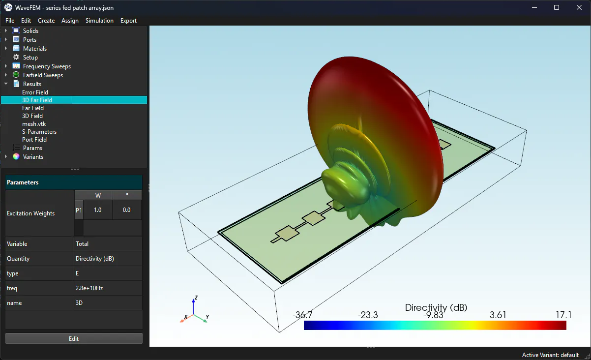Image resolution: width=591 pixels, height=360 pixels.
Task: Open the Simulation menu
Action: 99,21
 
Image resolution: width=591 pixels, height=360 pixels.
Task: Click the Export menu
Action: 128,21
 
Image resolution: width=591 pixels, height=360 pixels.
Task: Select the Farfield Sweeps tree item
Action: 43,75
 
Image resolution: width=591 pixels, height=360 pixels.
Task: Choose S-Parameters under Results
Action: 39,132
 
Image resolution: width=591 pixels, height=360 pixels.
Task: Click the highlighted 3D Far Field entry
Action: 37,100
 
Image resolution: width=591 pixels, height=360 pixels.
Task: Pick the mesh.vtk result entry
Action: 34,124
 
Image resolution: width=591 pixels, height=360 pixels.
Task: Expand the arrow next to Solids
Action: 6,30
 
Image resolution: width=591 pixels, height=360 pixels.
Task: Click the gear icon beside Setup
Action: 16,57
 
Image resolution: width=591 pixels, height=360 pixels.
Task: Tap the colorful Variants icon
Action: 16,156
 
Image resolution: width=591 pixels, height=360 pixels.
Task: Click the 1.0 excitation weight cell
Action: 98,210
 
